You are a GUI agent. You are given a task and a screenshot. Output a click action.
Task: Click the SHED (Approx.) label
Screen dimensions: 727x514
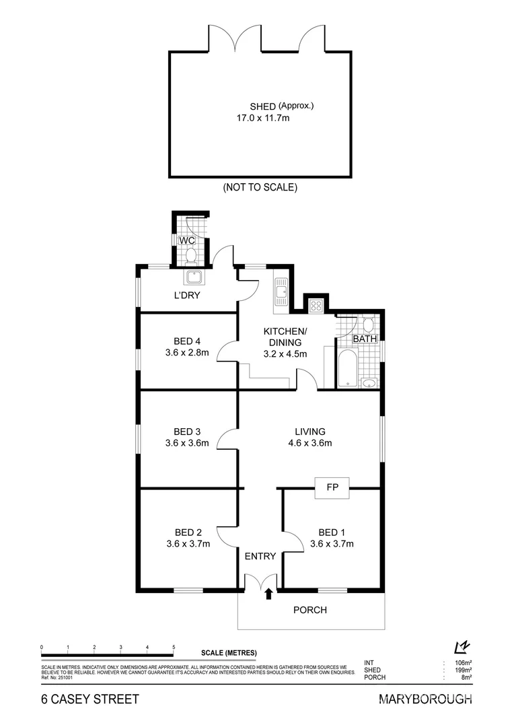click(282, 106)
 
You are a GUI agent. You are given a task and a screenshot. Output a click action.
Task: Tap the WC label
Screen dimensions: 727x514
click(186, 240)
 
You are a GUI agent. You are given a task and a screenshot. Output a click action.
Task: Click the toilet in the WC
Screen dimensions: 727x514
click(190, 255)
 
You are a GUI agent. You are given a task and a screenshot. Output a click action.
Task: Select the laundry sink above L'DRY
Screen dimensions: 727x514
click(196, 277)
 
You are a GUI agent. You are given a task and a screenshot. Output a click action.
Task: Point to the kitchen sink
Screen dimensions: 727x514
click(281, 292)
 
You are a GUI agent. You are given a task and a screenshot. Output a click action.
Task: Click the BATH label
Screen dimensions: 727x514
click(365, 339)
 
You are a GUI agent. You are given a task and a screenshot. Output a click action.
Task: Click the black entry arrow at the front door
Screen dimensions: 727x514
click(269, 593)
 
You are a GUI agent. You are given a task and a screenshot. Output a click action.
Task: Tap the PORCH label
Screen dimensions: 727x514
click(311, 611)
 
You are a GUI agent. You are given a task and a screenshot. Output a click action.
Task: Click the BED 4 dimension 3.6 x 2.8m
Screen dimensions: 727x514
click(187, 352)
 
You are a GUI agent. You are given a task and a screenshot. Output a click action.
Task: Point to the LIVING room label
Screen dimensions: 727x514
click(309, 431)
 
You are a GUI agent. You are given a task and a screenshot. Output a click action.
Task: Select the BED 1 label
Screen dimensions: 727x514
click(332, 532)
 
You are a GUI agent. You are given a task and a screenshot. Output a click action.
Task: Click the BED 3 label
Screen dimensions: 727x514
click(187, 431)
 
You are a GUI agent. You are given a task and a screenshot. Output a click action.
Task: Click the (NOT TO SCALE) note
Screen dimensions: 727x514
click(260, 188)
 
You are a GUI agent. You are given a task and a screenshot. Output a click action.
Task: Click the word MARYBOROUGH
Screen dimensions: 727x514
click(426, 699)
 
